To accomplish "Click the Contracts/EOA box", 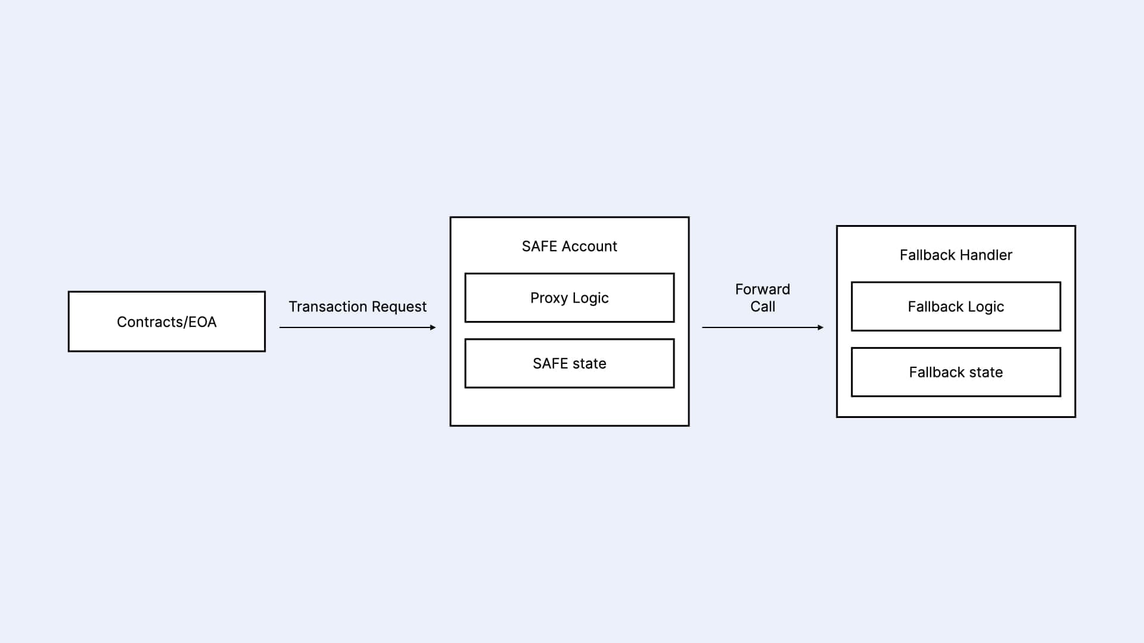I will click(x=167, y=321).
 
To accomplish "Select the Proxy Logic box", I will click(x=569, y=298).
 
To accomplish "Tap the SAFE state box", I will click(x=569, y=363).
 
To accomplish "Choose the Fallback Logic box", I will click(x=956, y=307).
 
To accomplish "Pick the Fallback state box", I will click(x=956, y=372).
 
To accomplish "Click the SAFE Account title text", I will click(x=569, y=246).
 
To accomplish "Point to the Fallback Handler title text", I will click(x=956, y=255).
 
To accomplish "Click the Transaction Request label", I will click(x=357, y=307).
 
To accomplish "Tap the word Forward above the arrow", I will click(x=762, y=289).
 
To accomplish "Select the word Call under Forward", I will click(x=762, y=307).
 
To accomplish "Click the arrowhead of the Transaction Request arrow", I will click(x=433, y=327).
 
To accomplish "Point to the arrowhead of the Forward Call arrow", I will click(x=820, y=327).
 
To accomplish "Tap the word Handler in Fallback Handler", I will click(x=986, y=255).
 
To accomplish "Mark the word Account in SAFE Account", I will click(x=590, y=246).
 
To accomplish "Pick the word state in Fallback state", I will click(x=985, y=372).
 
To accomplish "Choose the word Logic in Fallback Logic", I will click(x=986, y=307).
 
